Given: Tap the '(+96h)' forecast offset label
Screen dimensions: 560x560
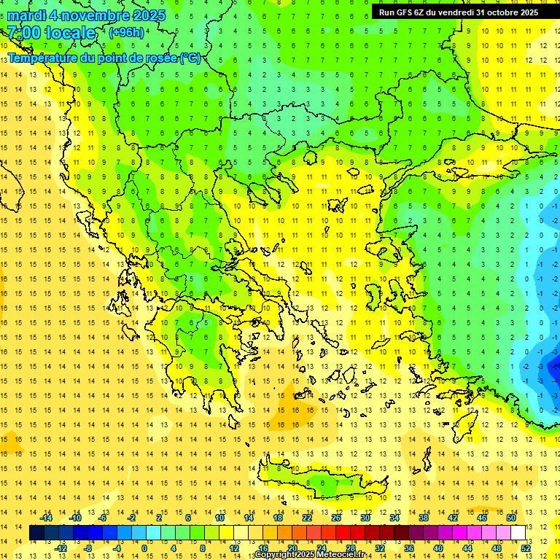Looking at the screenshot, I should coord(126,32).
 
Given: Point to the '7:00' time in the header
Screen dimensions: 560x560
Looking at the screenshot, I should coord(23,33).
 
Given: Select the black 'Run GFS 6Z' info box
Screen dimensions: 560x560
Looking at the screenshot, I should coord(458,12).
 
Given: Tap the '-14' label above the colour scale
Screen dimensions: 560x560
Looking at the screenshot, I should coord(46,518).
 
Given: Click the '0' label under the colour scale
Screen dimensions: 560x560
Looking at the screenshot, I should coord(144,548).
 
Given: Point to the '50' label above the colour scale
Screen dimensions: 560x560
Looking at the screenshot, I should coord(510,518).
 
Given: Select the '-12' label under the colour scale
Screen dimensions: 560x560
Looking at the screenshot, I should coord(61,548).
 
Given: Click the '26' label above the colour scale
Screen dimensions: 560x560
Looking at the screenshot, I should coord(336,518).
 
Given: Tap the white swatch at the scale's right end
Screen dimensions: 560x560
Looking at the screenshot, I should coord(518,533).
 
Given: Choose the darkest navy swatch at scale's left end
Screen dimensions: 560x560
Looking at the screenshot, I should coord(37,533).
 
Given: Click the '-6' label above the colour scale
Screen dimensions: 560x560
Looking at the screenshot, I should coord(104,518).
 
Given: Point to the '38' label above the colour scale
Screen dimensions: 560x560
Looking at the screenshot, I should coord(423,518).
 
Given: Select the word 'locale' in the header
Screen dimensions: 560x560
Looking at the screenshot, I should coord(70,33).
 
